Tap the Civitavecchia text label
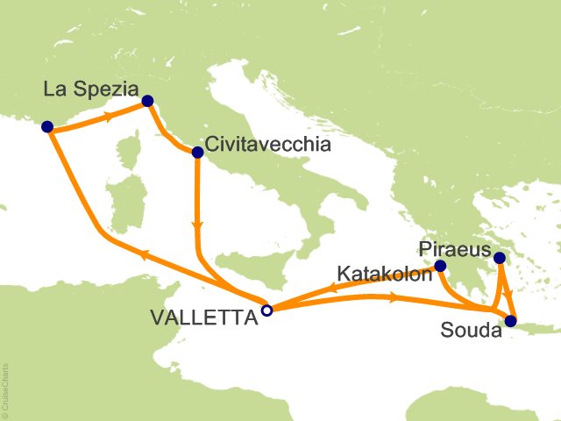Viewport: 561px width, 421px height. tap(268, 146)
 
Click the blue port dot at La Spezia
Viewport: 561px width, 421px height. tap(147, 101)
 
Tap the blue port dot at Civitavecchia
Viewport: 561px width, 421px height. tap(197, 152)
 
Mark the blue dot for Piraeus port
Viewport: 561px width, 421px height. tap(499, 258)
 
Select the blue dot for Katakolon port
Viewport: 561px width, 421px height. tap(440, 266)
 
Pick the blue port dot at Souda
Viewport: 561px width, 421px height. tap(511, 320)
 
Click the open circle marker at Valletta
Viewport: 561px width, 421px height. tap(267, 309)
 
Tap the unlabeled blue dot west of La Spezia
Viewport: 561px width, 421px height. tap(47, 126)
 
